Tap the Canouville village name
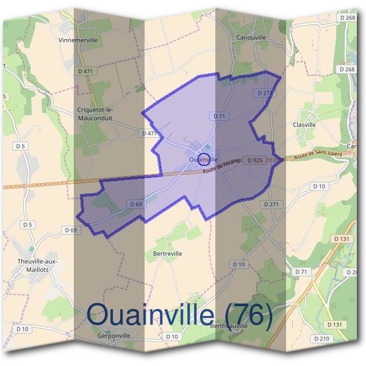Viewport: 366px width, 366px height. click(249, 37)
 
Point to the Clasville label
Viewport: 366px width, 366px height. click(304, 124)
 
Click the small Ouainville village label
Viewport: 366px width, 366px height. click(204, 160)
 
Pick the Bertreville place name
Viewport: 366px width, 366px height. click(168, 253)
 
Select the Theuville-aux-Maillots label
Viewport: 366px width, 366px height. click(37, 266)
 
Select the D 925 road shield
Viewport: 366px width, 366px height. click(256, 160)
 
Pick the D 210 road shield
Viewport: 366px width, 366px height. click(321, 338)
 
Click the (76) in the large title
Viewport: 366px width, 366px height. click(248, 315)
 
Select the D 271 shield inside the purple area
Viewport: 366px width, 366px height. click(264, 93)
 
